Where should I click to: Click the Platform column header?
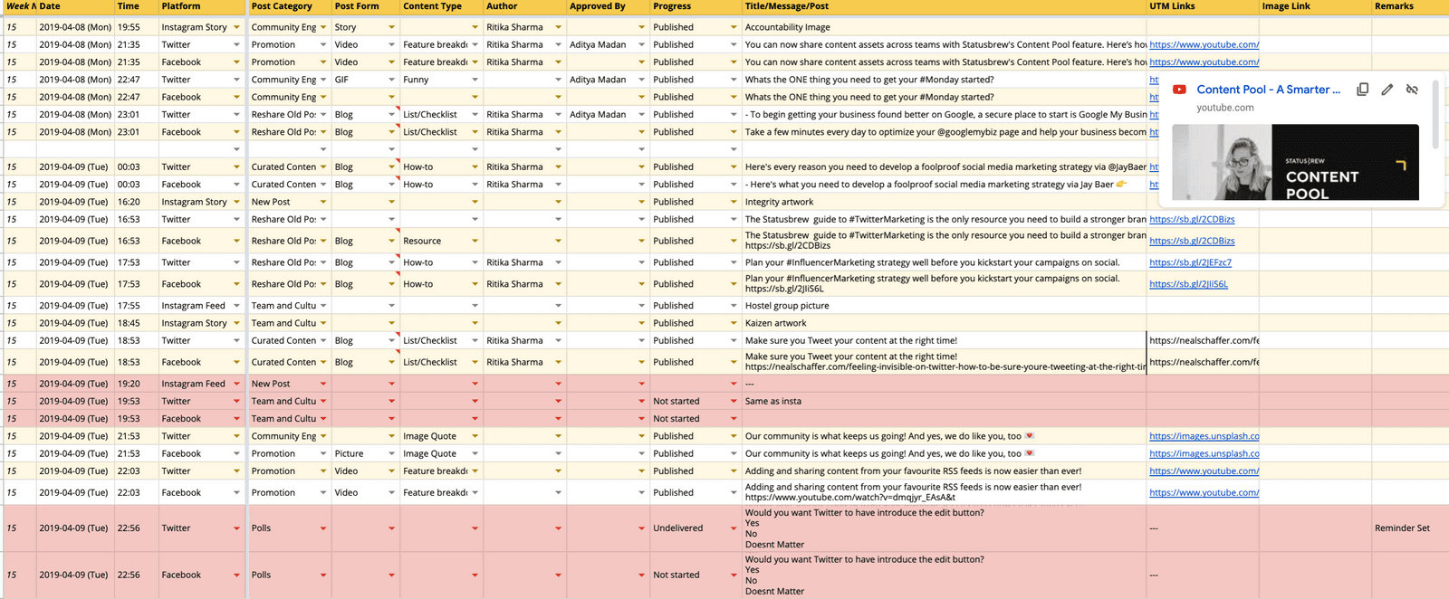[x=181, y=6]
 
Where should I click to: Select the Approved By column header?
[x=598, y=6]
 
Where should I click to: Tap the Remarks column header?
[x=1394, y=6]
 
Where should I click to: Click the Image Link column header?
[x=1286, y=6]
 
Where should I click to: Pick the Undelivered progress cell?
[x=677, y=528]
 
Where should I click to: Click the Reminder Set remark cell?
[x=1402, y=528]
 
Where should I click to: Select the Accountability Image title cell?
[x=787, y=27]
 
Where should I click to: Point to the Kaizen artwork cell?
[x=775, y=323]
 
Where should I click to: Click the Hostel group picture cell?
[x=786, y=306]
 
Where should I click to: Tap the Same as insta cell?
[x=772, y=401]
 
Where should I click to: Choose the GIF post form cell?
[x=342, y=80]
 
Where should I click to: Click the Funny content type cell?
[x=417, y=80]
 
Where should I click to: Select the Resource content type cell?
[x=422, y=241]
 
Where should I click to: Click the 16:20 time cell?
[x=129, y=202]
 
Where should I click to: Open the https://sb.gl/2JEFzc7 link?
[x=1190, y=262]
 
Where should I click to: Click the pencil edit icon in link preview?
[x=1387, y=90]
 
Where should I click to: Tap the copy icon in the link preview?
[x=1362, y=90]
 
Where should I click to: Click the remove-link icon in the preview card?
[x=1412, y=90]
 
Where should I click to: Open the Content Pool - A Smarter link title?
[x=1268, y=90]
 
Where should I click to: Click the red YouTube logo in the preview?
[x=1179, y=90]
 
